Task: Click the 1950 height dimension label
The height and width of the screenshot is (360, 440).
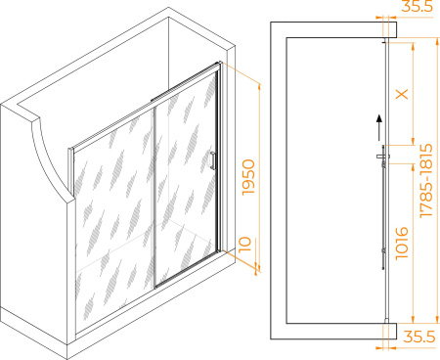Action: [248, 177]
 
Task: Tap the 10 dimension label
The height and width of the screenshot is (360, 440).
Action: [245, 245]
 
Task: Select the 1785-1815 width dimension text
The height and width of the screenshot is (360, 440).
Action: [426, 180]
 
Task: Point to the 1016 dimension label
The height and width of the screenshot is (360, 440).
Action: [402, 244]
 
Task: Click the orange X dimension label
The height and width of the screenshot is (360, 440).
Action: [402, 94]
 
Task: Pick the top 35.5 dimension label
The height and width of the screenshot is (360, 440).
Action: [417, 6]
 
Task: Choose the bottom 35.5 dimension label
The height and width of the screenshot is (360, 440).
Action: [419, 337]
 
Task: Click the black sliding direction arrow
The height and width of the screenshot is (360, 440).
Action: [379, 127]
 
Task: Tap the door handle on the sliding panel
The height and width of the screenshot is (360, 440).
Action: [213, 160]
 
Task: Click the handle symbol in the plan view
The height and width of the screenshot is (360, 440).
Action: [383, 157]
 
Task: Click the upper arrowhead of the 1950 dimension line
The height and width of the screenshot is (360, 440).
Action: [259, 86]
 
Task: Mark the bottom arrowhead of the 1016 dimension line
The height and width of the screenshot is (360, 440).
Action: [414, 320]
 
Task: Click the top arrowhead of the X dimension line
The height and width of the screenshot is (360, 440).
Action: [414, 46]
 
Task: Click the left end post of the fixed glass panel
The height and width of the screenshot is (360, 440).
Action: [70, 171]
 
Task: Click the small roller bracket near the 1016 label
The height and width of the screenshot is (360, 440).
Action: [384, 250]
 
